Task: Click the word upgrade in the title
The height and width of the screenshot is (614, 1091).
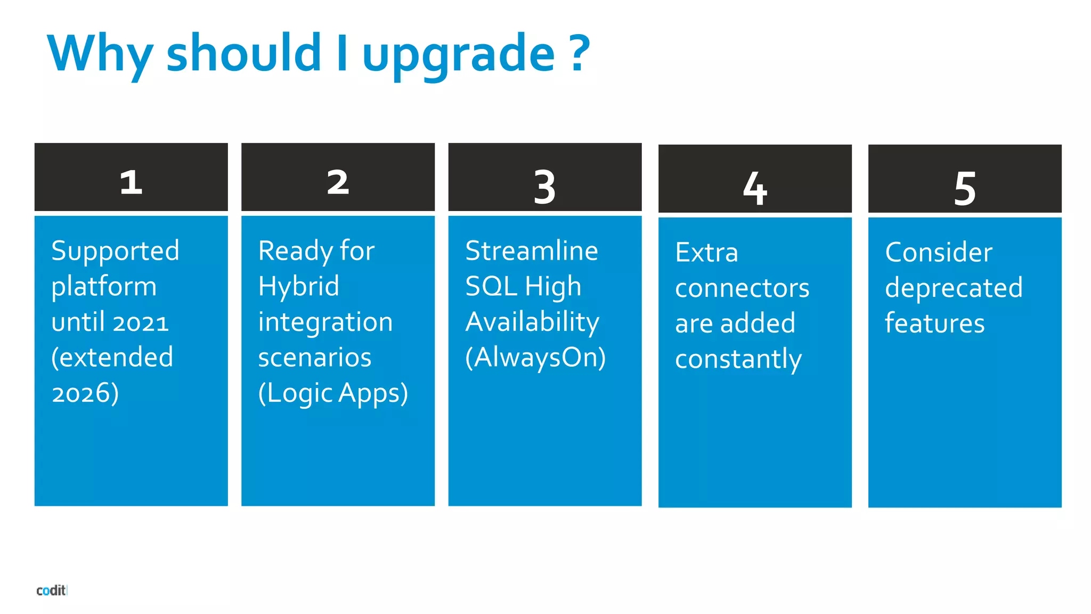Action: point(458,54)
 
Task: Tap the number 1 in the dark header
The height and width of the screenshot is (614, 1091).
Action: point(131,182)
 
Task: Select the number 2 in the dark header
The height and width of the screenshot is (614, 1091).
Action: point(338,182)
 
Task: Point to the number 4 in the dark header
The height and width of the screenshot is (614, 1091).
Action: point(755,188)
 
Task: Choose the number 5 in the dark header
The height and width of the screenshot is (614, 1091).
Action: point(965,188)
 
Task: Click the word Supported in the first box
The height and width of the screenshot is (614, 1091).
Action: point(115,251)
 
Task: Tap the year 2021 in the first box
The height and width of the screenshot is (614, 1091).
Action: point(140,322)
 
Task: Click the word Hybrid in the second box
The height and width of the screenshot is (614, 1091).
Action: point(298,287)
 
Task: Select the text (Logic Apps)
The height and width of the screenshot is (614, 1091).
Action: point(333,393)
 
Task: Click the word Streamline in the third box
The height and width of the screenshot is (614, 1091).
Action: point(531,251)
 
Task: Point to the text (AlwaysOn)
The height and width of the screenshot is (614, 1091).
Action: point(535,358)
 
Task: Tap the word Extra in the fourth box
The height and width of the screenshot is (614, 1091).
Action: point(706,253)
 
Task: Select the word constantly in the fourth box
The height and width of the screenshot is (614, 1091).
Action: point(738,359)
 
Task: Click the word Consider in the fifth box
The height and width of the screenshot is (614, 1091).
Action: point(939,253)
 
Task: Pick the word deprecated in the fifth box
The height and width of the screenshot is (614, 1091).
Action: point(954,288)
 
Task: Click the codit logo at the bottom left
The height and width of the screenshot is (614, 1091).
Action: point(51,590)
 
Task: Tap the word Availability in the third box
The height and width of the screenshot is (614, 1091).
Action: point(532,322)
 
